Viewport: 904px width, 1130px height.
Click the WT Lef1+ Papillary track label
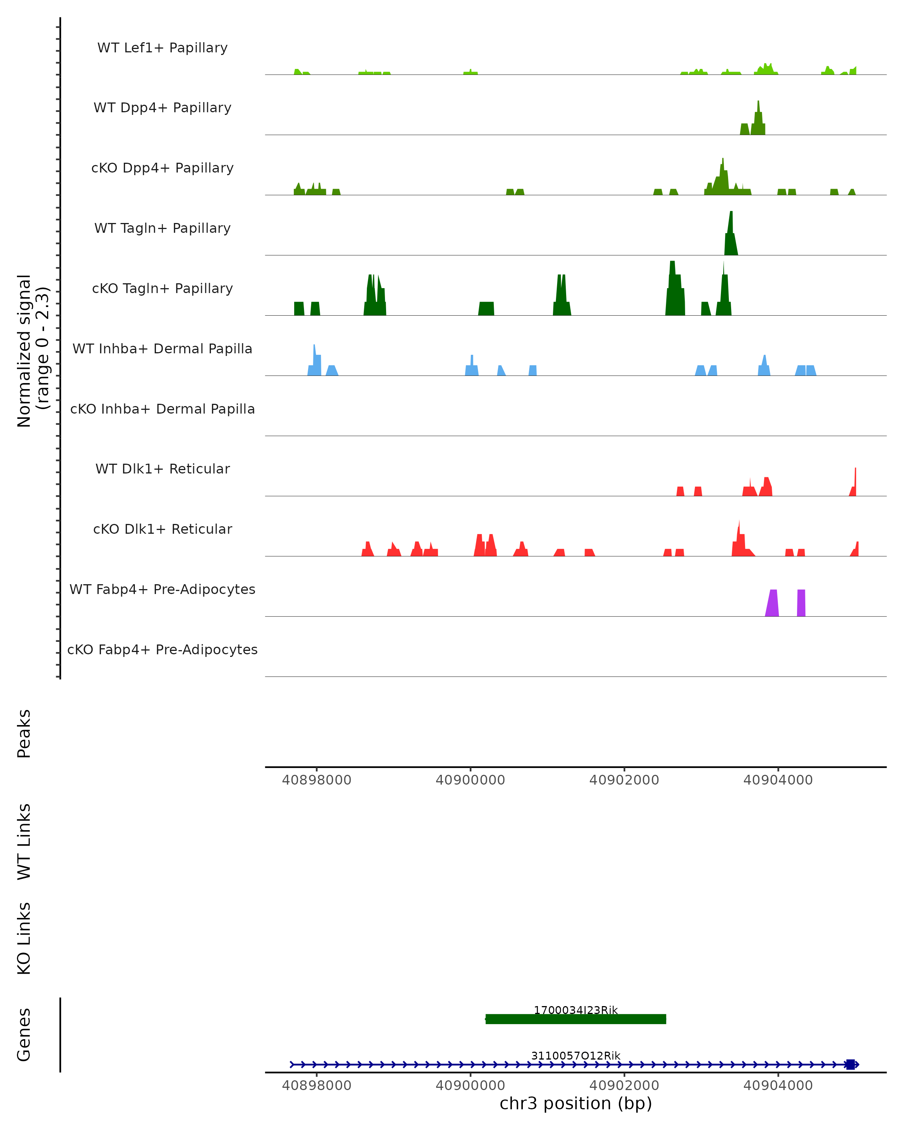coord(162,48)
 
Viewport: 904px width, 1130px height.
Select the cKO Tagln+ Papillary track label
coord(162,289)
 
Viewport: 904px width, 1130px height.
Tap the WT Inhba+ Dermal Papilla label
coord(162,349)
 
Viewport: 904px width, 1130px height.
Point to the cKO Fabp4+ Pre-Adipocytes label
coord(162,650)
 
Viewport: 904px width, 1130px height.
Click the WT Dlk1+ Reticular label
coord(162,469)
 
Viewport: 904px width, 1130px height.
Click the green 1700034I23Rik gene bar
coord(576,1019)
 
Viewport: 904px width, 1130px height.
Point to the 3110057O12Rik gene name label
coord(576,1055)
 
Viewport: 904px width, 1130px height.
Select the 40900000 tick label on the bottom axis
coord(470,1086)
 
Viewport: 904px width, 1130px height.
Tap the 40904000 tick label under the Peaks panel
coord(778,780)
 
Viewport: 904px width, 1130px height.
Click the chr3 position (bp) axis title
coord(576,1104)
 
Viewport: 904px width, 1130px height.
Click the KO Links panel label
coord(24,939)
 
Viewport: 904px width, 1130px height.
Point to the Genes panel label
coord(24,1035)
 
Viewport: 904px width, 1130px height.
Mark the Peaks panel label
coord(24,734)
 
